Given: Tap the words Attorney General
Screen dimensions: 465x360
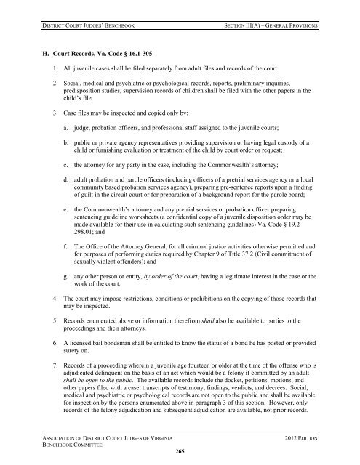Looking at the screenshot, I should coord(151,243).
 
